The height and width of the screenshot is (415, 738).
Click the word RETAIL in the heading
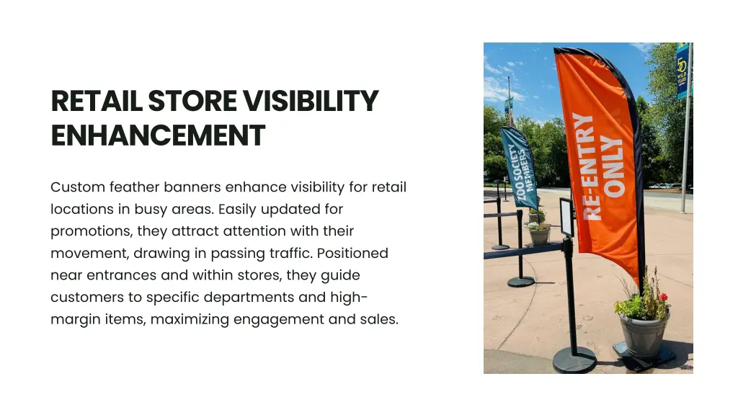point(97,102)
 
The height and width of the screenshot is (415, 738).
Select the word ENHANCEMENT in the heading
point(158,135)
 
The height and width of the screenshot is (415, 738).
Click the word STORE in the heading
point(193,102)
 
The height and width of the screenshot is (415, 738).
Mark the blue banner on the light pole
point(682,71)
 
